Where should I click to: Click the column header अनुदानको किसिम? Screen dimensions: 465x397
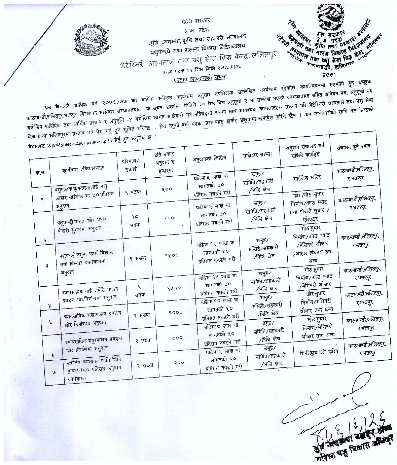209,158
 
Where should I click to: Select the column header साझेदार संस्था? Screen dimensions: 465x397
256,156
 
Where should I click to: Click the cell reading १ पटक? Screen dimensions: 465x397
133,191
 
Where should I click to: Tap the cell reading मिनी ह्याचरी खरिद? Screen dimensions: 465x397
319,352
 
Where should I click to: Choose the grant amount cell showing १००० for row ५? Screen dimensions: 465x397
176,313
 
